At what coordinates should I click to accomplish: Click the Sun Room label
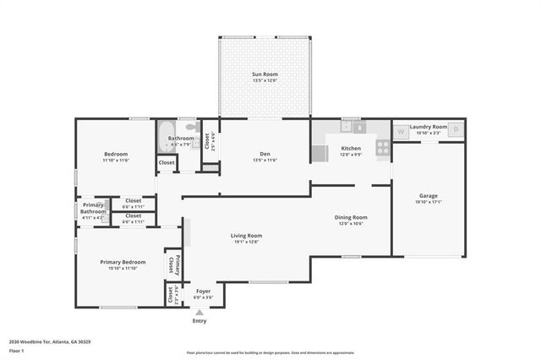tap(265, 74)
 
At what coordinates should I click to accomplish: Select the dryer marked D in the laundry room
tap(456, 129)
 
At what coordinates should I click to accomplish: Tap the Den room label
tap(265, 153)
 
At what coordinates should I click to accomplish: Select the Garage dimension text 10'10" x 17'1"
tap(429, 202)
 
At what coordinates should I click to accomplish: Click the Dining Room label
tap(351, 217)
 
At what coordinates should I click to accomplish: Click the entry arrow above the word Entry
tap(199, 312)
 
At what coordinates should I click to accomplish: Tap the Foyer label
tap(204, 291)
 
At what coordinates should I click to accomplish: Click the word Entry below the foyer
tap(199, 321)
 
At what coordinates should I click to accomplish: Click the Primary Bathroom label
tap(93, 208)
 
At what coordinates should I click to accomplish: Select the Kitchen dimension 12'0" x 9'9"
tap(351, 155)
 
